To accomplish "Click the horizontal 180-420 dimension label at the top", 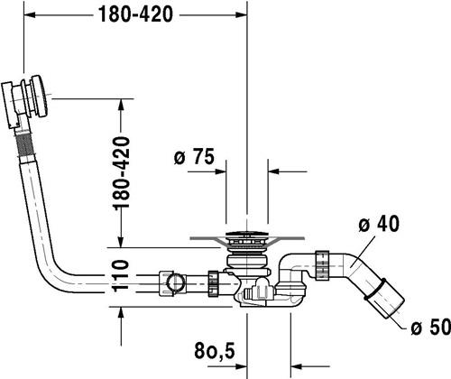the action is click(x=135, y=14).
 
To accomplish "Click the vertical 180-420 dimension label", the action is click(x=121, y=172).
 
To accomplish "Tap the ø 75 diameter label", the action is click(x=194, y=156).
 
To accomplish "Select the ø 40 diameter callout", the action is click(x=379, y=224).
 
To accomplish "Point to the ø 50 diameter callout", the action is click(x=430, y=327).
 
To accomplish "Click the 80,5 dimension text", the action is click(x=215, y=350).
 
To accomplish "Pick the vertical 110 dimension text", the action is click(x=121, y=275).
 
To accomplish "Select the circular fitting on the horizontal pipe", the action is click(x=175, y=282).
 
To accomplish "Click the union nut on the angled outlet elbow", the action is click(x=323, y=265).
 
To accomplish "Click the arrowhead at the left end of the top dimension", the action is click(x=30, y=14).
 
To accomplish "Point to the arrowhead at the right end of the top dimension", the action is click(x=241, y=14).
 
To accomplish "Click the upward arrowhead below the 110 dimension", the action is click(x=121, y=314).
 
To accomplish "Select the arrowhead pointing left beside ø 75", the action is click(x=274, y=171).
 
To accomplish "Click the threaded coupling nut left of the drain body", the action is click(x=213, y=283).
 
